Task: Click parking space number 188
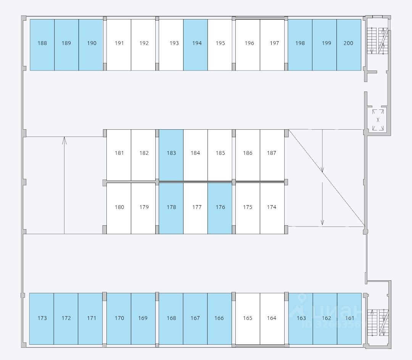(42, 45)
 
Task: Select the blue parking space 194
(195, 45)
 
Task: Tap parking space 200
(349, 45)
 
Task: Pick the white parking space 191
(119, 45)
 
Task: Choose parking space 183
(171, 154)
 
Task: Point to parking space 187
(272, 154)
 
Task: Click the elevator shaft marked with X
(378, 120)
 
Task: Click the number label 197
(274, 43)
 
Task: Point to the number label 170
(119, 318)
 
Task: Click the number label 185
(220, 153)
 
